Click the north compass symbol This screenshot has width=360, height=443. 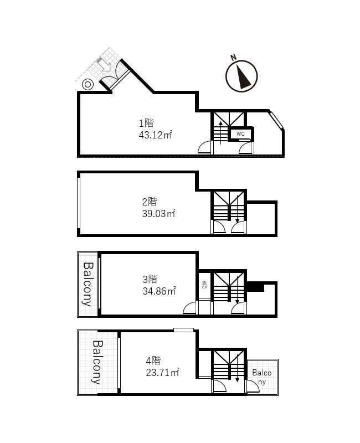(x=242, y=75)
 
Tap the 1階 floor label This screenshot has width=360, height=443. (x=146, y=123)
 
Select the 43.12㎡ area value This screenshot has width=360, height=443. (x=155, y=135)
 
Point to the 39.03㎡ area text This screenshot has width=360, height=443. (x=158, y=213)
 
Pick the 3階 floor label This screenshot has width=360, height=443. (x=150, y=279)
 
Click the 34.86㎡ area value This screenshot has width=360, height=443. (x=159, y=290)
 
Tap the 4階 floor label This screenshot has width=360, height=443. (x=153, y=361)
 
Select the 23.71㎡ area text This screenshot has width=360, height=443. (x=162, y=372)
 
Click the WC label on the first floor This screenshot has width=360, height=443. (x=240, y=134)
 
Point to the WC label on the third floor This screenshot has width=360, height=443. (x=204, y=285)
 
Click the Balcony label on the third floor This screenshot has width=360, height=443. (x=88, y=284)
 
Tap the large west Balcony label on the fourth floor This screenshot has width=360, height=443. (x=96, y=362)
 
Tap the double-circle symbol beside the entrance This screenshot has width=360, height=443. (x=88, y=84)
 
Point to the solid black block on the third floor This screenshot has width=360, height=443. (x=255, y=287)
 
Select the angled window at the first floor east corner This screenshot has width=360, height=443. (x=276, y=121)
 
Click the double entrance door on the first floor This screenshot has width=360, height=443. (x=115, y=80)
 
